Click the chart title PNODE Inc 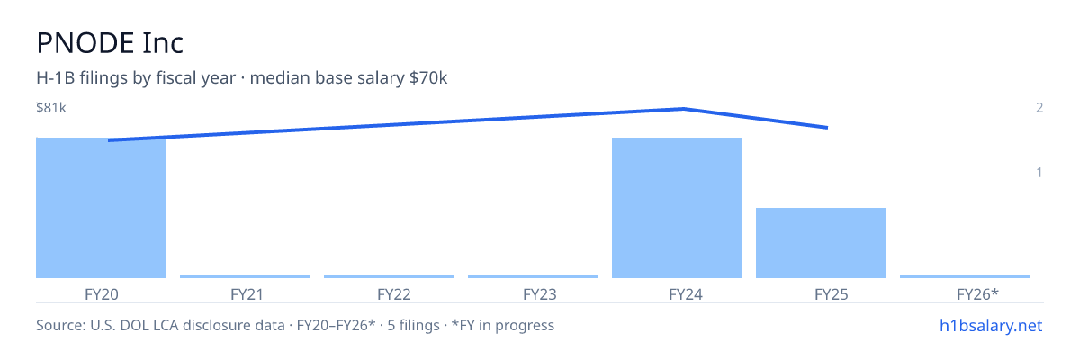coord(110,43)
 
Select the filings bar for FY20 coord(101,208)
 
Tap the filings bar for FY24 coord(677,208)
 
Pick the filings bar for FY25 coord(821,243)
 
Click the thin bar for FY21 coord(245,276)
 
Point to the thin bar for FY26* coord(965,276)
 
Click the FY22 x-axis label coord(394,294)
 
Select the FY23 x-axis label coord(539,294)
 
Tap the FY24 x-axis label coord(686,294)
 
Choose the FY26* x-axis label coord(977,294)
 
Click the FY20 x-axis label coord(101,294)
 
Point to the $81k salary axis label coord(51,107)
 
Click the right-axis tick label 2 coord(1039,107)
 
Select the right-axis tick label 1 coord(1039,172)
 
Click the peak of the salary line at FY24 coord(684,108)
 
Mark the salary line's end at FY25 coord(828,128)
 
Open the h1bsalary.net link coord(991,325)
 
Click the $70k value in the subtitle coord(428,77)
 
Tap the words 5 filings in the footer coord(413,325)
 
